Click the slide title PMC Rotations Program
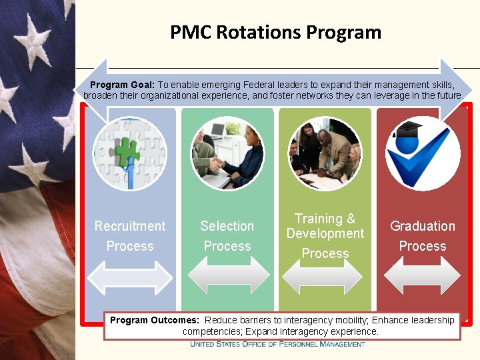[x=275, y=32]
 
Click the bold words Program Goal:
[x=122, y=85]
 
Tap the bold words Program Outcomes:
[x=154, y=320]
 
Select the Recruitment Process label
[x=130, y=236]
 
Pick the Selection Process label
[x=227, y=236]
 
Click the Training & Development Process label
[x=325, y=235]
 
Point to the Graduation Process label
[x=423, y=236]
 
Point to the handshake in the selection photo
[x=216, y=163]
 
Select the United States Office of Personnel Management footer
[x=277, y=344]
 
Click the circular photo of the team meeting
[x=325, y=153]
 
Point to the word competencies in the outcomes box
[x=212, y=331]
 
